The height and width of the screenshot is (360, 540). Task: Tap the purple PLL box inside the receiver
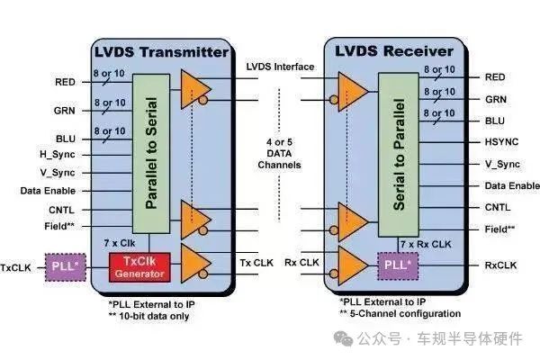(397, 266)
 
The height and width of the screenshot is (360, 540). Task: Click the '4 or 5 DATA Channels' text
(280, 154)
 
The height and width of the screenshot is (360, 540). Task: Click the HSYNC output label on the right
(502, 142)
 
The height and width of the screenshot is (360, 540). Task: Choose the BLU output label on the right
(496, 121)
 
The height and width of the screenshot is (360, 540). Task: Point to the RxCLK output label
(501, 265)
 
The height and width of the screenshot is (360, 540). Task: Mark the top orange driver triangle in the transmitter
(195, 87)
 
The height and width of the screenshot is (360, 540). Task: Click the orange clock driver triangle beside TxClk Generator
(195, 261)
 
